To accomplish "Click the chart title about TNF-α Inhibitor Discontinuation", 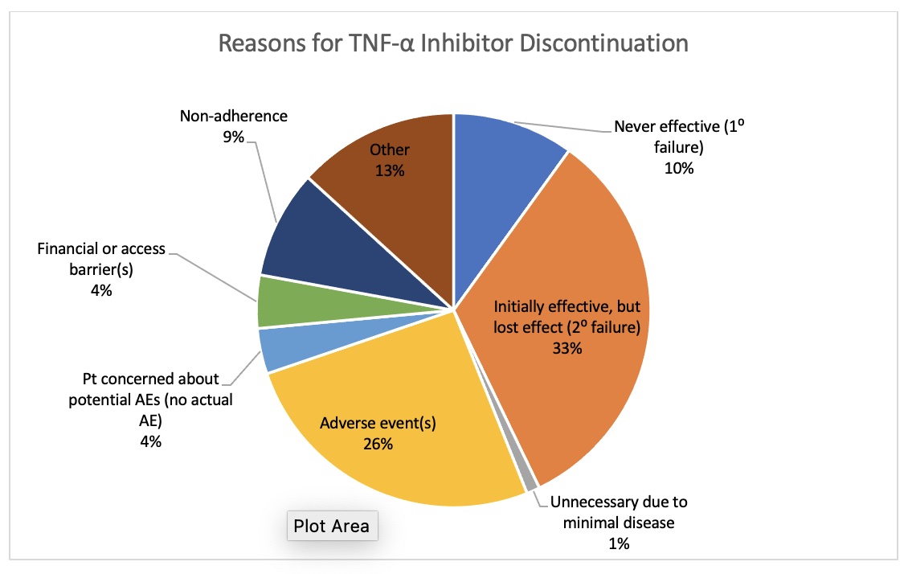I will pos(454,43).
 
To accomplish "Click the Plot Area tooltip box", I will pos(332,527).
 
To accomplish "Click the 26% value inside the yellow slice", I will pos(377,444).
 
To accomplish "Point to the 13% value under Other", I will pos(390,170).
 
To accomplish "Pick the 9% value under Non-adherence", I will pos(234,137).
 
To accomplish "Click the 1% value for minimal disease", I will pos(618,543).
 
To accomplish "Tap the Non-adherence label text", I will pos(234,116).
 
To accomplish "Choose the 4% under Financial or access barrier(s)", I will pos(101,290).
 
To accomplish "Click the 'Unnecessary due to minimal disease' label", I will pos(619,513).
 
